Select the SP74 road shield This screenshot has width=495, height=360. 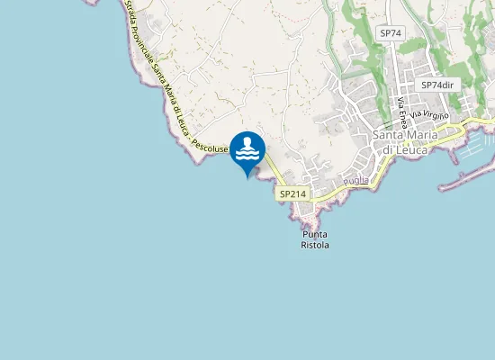click(x=389, y=32)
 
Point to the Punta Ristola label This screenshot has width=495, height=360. click(x=315, y=238)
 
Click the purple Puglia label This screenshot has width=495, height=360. click(x=356, y=181)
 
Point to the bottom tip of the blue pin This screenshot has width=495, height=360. click(x=247, y=177)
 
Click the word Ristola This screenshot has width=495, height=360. click(x=315, y=245)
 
